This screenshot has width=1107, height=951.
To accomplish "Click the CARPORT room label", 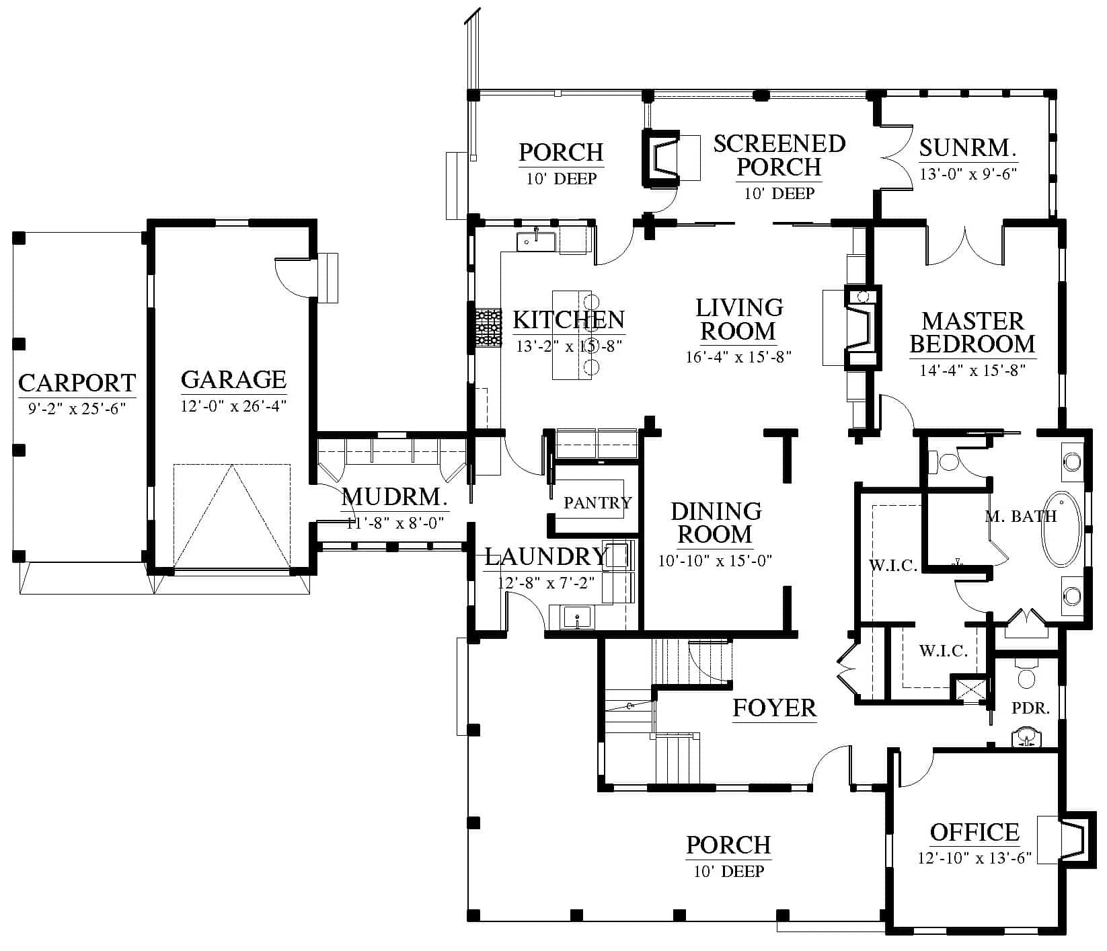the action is (77, 383).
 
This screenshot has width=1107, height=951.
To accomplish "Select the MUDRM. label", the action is (394, 498).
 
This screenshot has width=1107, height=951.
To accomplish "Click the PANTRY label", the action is (597, 502).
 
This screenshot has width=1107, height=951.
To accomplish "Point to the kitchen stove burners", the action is (489, 328).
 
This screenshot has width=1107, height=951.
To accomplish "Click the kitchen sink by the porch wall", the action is (536, 240).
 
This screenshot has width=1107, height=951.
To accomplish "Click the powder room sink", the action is (1026, 737).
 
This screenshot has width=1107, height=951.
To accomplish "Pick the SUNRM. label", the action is (968, 148).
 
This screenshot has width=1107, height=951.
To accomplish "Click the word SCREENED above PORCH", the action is (779, 143).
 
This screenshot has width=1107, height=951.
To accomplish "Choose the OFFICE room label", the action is (975, 833).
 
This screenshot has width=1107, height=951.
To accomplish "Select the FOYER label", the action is (774, 708).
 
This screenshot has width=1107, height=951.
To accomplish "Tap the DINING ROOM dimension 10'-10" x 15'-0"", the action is (715, 560).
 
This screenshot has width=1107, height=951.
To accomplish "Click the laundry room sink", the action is (577, 617).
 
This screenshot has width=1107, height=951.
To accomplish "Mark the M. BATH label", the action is (1021, 517).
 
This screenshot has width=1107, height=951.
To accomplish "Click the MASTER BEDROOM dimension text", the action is (972, 370).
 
